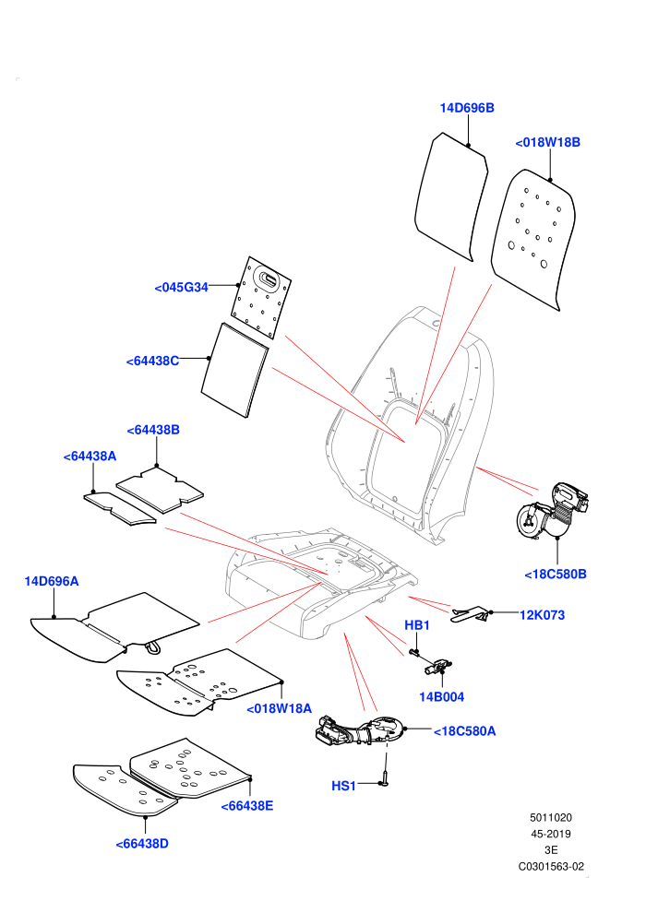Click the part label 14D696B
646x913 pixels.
point(467,108)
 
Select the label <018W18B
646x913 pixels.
point(547,142)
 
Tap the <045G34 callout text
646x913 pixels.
point(181,287)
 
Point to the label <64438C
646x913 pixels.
point(152,361)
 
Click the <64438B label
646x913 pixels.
point(153,430)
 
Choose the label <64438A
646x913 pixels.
point(90,456)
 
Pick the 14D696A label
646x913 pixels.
point(52,581)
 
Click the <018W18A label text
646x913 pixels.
point(279,708)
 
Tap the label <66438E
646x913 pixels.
point(247,806)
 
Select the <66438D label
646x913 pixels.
point(142,844)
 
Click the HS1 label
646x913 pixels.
point(343,786)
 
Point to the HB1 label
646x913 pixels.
point(417,625)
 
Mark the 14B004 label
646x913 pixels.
point(441,697)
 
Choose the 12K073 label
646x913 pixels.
point(542,615)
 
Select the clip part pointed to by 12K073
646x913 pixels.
point(470,614)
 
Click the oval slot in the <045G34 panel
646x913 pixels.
point(269,278)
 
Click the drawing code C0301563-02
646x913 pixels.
point(551,866)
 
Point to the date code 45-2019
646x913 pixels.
point(550,834)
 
